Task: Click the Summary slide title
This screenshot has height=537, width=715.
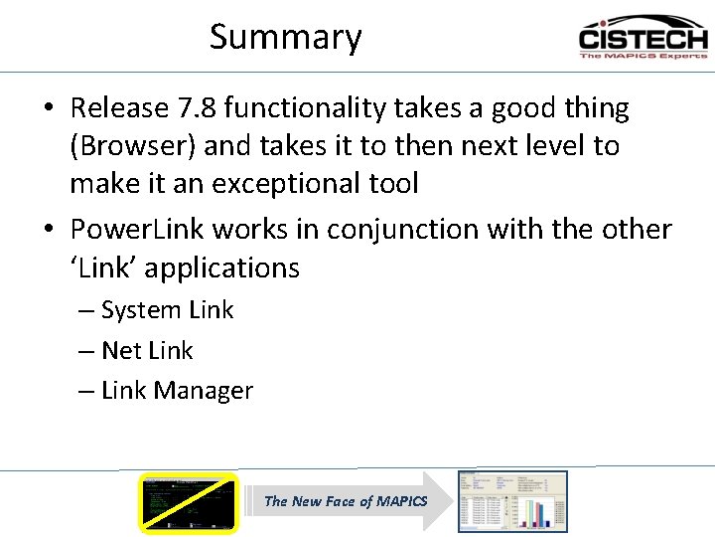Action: point(286,38)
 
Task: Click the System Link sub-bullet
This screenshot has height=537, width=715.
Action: point(167,310)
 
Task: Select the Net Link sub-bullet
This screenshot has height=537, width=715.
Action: point(147,351)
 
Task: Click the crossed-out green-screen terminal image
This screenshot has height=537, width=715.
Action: point(189,502)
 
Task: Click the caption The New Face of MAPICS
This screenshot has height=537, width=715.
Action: point(346,501)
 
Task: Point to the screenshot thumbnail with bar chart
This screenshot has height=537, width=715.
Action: point(512,500)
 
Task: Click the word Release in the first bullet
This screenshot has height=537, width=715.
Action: point(117,108)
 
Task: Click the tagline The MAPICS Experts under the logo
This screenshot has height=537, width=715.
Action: point(643,56)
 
